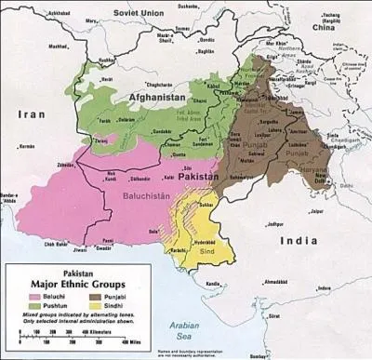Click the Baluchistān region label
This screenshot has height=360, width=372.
145,196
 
